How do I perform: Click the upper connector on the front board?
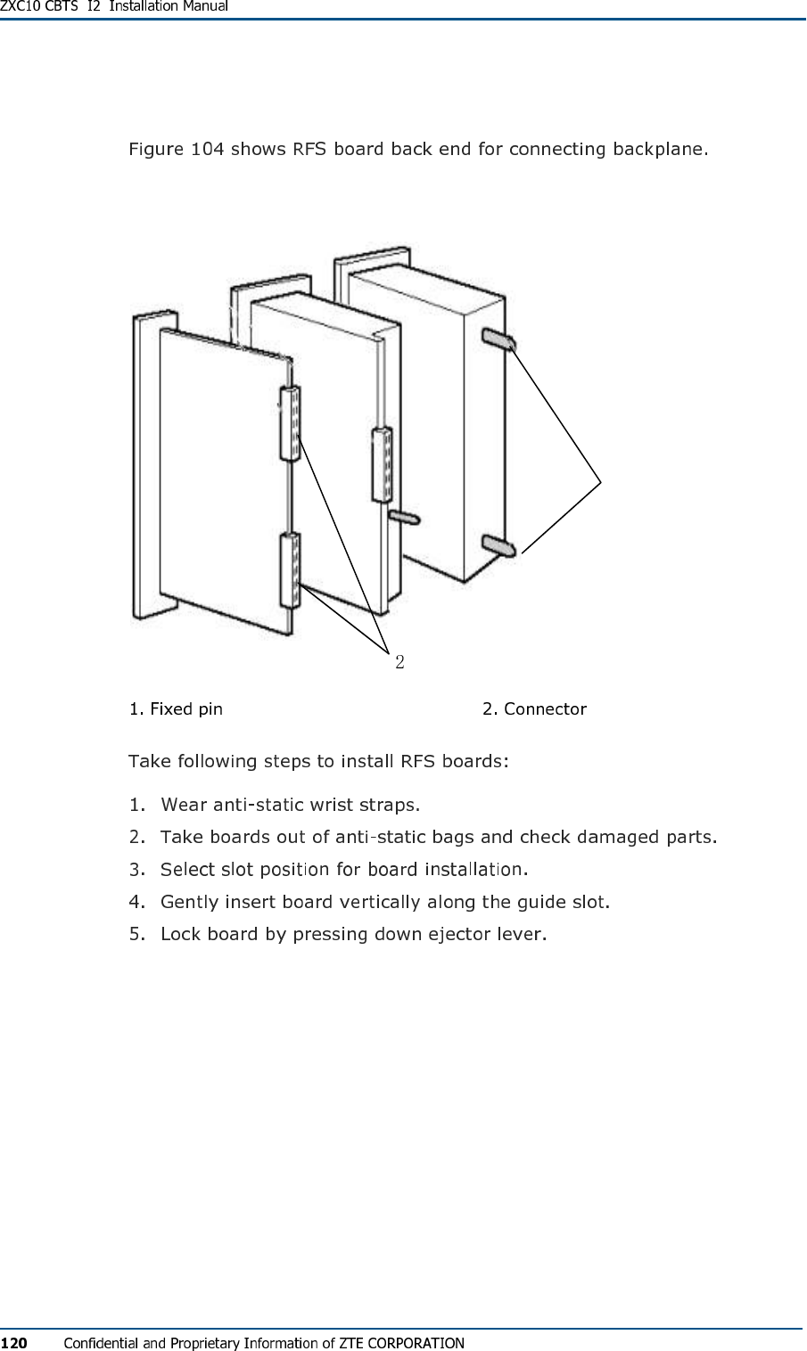coord(291,424)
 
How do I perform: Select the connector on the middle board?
coord(382,463)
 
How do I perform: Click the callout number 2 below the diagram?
coord(399,661)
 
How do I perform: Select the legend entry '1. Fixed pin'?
coord(176,709)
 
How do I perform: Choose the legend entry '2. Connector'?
coord(534,709)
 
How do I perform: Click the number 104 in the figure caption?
coord(207,148)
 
